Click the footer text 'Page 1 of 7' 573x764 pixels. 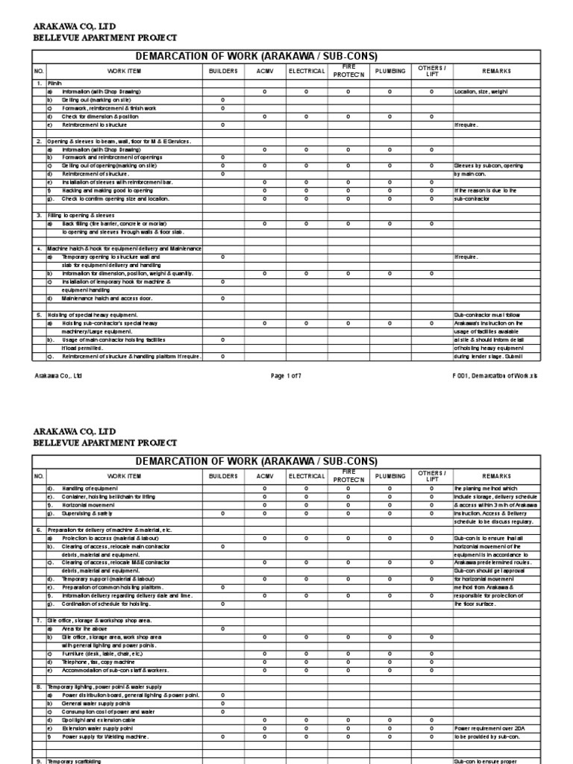click(x=286, y=376)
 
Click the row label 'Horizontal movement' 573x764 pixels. click(x=93, y=505)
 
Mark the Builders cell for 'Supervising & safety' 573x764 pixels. click(x=223, y=513)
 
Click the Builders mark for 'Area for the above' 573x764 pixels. click(x=223, y=629)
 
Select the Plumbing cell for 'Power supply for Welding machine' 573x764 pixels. click(x=390, y=736)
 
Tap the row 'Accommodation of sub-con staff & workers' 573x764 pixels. click(x=115, y=670)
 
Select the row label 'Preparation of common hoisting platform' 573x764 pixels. click(x=109, y=588)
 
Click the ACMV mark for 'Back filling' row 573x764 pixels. click(x=265, y=224)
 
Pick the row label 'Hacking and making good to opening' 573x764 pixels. click(x=107, y=190)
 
